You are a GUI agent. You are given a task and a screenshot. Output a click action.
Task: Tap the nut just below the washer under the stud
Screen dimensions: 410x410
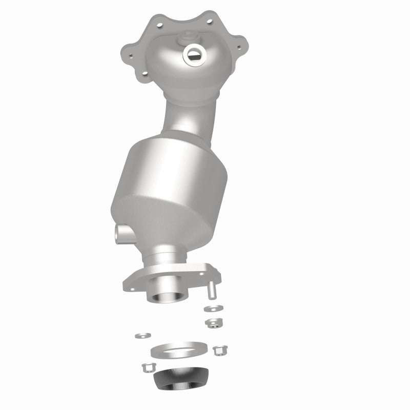coord(213,322)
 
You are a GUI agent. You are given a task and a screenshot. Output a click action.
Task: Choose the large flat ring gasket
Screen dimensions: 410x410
coord(174,351)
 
